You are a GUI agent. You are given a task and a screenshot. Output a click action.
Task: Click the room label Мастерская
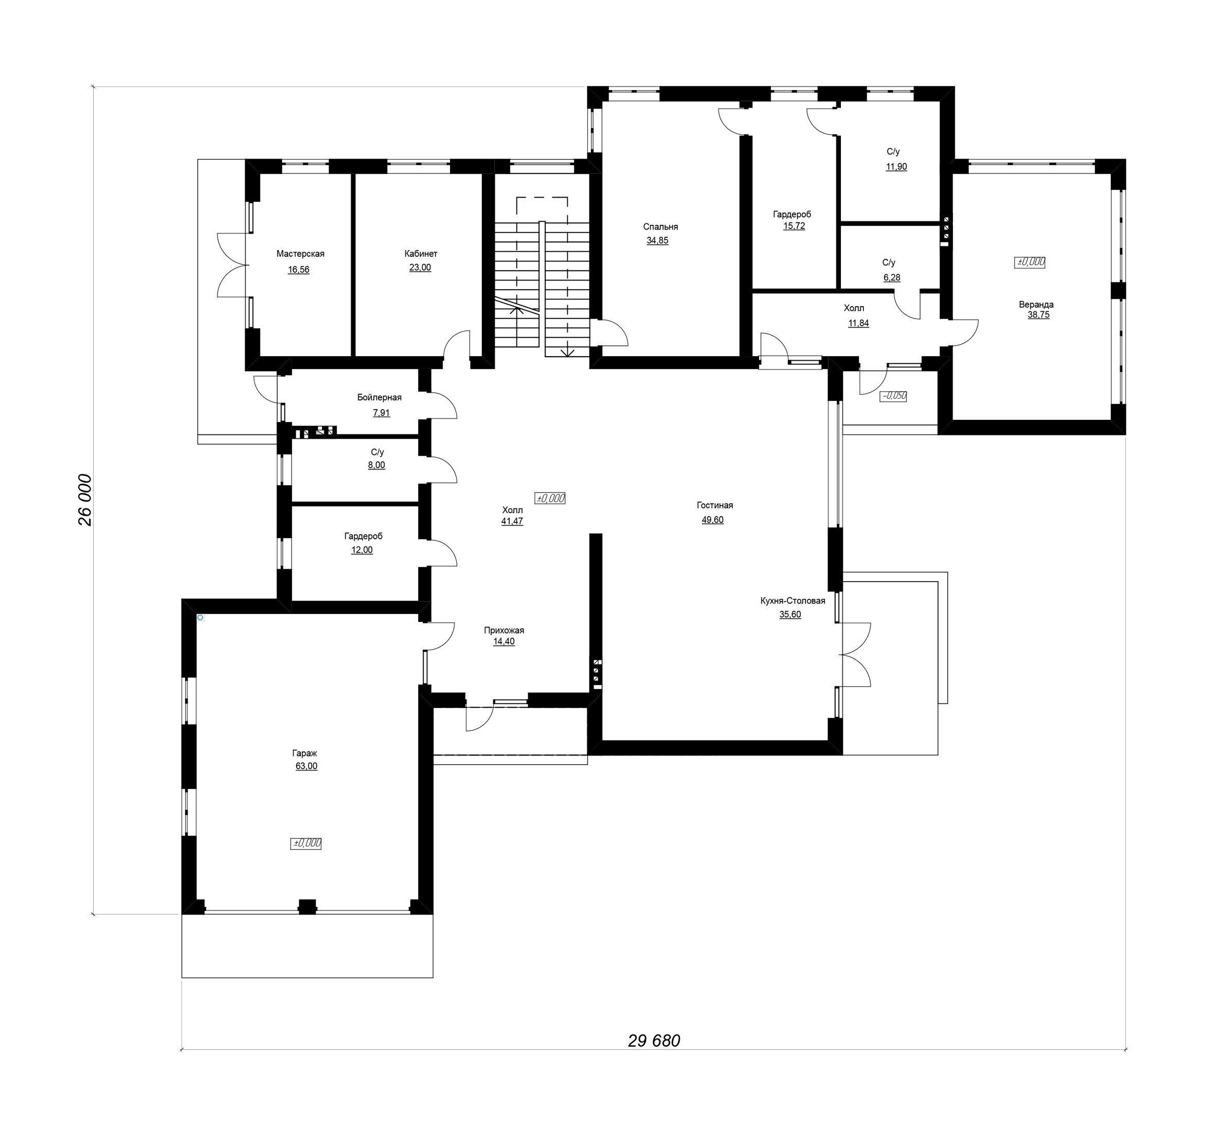point(300,254)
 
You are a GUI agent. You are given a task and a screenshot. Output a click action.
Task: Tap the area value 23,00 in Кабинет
point(420,268)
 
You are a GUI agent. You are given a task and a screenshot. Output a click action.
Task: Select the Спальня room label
point(660,227)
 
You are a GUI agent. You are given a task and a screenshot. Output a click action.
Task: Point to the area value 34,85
point(658,240)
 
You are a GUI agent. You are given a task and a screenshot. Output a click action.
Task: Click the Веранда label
point(1036,305)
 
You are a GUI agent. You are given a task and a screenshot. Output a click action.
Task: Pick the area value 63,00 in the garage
point(306,766)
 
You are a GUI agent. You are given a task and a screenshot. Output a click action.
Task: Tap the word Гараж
point(304,753)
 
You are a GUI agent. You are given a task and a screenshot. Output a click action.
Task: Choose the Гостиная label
point(715,505)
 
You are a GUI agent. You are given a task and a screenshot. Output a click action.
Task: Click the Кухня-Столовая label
point(793,601)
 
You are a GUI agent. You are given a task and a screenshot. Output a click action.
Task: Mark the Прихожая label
point(504,630)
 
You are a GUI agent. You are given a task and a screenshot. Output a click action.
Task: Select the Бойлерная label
point(380,397)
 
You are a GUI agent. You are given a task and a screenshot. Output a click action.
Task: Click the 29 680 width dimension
point(654,1041)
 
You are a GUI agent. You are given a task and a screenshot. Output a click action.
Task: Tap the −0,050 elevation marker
point(894,396)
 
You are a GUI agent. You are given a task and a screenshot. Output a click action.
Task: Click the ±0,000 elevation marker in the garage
point(306,843)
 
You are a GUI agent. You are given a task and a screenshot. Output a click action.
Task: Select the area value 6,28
point(892,277)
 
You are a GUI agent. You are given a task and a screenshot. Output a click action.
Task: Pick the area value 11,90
point(896,167)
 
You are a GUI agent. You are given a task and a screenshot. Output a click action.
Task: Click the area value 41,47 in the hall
point(512,521)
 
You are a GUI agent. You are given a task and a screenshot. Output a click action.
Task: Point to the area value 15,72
point(794,226)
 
